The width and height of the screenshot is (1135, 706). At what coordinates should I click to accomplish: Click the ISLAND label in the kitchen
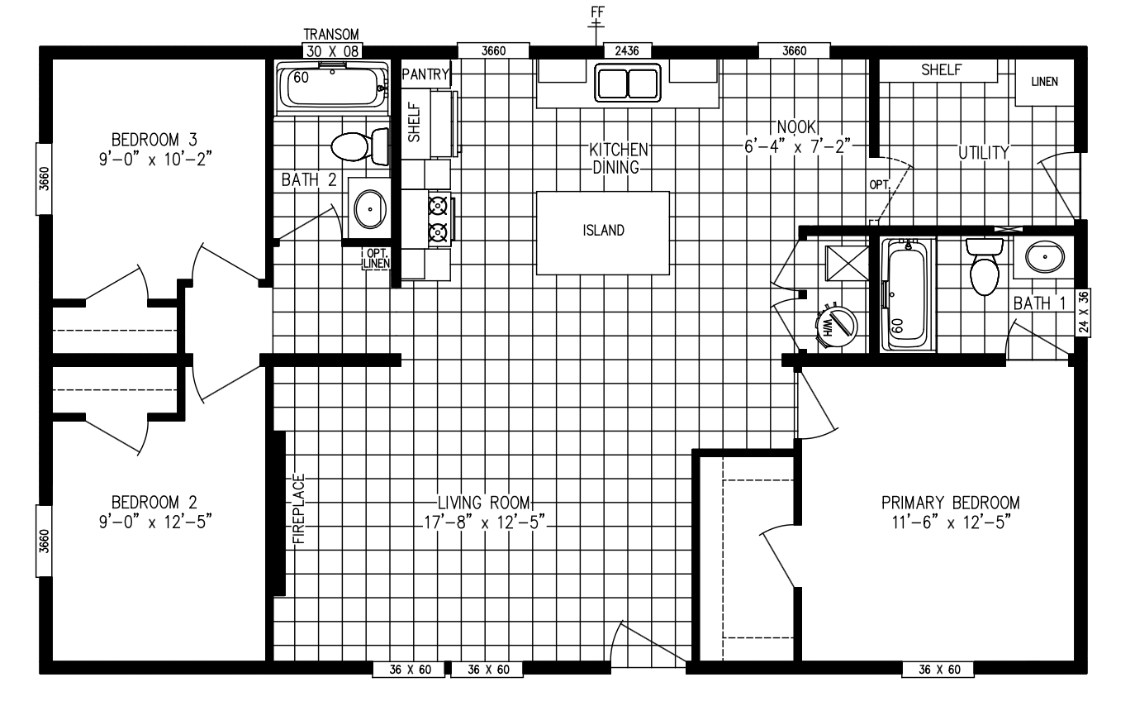[x=603, y=231]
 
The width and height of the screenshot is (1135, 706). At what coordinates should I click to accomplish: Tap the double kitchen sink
[x=628, y=82]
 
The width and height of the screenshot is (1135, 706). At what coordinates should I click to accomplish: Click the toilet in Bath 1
[x=985, y=267]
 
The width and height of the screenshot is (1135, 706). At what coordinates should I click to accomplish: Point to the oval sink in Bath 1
[x=1045, y=256]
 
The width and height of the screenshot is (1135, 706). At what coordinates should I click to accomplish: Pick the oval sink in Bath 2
[x=370, y=209]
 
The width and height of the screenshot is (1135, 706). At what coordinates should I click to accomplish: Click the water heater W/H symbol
[x=836, y=325]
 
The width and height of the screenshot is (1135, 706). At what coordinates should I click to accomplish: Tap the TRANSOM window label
[x=331, y=35]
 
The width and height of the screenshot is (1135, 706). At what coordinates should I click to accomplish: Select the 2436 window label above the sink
[x=627, y=50]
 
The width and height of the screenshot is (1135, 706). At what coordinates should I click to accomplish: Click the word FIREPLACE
[x=300, y=508]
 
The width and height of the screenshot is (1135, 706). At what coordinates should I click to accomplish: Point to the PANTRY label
[x=425, y=74]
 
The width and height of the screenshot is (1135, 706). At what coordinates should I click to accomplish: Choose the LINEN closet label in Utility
[x=1044, y=82]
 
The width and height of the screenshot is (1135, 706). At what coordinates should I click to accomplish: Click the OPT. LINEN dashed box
[x=377, y=259]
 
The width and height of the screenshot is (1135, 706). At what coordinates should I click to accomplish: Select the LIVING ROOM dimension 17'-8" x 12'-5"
[x=485, y=522]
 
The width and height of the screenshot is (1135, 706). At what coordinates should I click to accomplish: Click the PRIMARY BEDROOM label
[x=951, y=503]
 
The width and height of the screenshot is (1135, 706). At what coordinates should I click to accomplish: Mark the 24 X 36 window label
[x=1083, y=312]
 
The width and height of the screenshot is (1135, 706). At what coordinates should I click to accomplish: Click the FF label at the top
[x=597, y=12]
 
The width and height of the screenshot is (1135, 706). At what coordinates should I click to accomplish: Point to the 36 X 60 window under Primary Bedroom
[x=939, y=670]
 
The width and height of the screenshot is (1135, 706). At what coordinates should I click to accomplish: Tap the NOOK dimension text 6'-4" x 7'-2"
[x=797, y=146]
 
